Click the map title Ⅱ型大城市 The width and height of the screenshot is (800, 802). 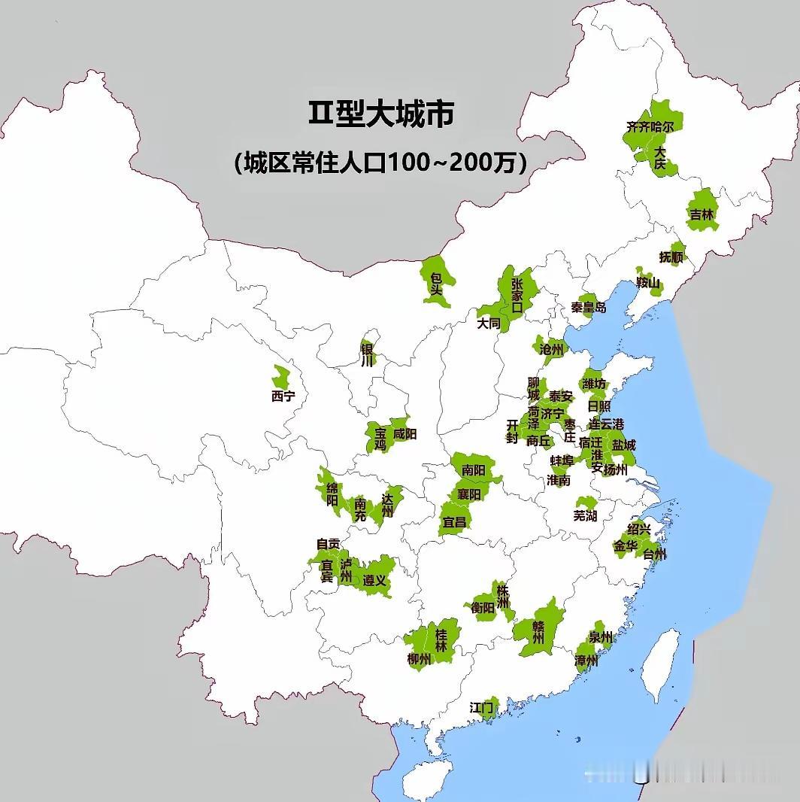pos(381,114)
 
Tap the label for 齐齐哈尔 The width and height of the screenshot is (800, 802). pos(650,126)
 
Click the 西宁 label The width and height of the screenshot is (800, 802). pos(283,396)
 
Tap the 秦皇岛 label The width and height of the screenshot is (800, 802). pos(588,307)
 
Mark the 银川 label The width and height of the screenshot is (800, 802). pos(367,354)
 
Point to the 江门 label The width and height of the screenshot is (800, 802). pos(481,707)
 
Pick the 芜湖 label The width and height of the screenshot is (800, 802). pos(585,515)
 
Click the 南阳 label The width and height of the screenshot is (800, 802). pos(473,470)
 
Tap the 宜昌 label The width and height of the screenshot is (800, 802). pos(454,521)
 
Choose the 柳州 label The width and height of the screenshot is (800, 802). pos(419,659)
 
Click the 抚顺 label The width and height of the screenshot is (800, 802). pos(671,257)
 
